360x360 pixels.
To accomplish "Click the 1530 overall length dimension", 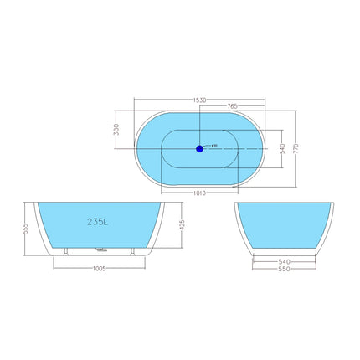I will [x=198, y=100].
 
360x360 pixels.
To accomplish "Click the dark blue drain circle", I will [x=199, y=149].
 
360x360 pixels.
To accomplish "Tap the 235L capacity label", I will [x=99, y=222].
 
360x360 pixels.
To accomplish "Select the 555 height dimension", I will [x=27, y=228].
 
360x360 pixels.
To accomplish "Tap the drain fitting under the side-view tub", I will [x=101, y=249].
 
